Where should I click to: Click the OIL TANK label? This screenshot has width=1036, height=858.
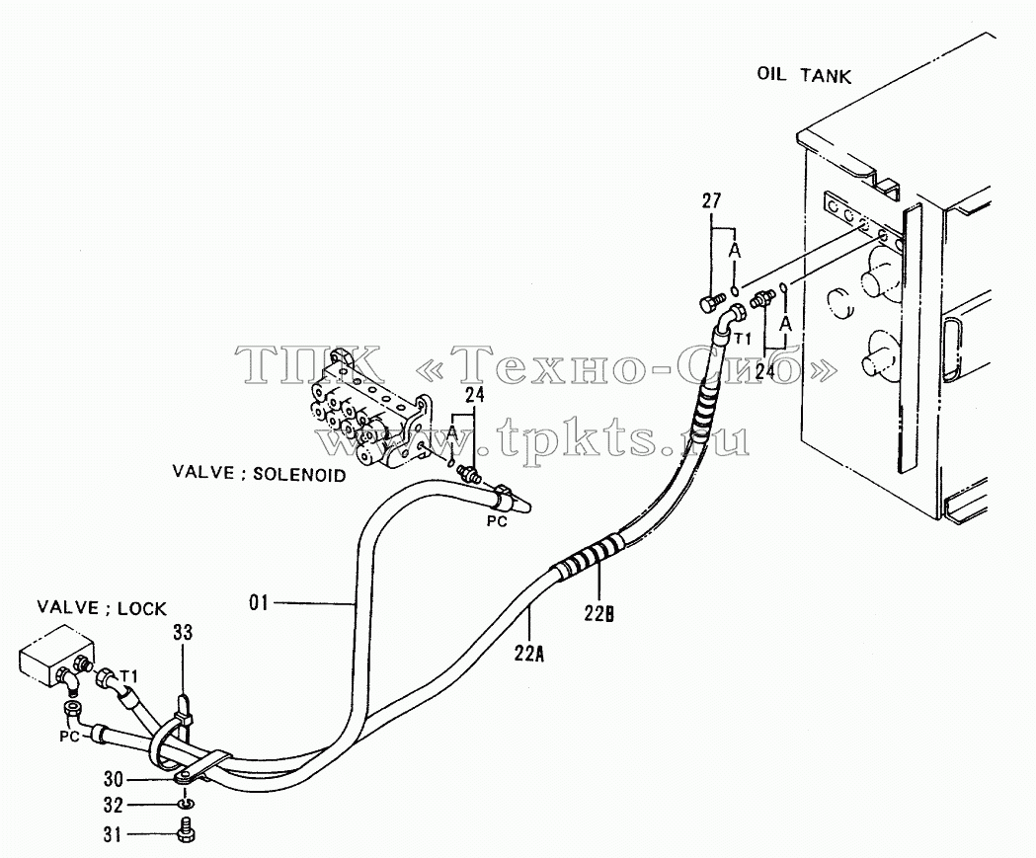point(804,75)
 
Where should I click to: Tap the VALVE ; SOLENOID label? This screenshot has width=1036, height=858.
point(259,474)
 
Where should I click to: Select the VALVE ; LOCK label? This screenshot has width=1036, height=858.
point(102,607)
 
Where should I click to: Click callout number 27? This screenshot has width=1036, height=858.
point(712,200)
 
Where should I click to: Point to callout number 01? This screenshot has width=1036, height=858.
point(259,602)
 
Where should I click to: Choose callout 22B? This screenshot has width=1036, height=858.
point(599,613)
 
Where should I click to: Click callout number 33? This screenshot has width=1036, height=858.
point(183,632)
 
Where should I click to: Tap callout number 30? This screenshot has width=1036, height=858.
point(113,780)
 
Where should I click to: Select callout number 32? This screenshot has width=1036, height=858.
point(113,806)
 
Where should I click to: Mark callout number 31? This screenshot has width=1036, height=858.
point(113,835)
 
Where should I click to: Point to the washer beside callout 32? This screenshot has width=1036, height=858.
point(185,804)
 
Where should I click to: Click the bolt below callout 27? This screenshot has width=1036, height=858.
point(710,304)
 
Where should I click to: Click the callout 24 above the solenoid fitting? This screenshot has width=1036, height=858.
point(475,395)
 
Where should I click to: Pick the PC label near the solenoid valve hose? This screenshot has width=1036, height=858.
point(497,521)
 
